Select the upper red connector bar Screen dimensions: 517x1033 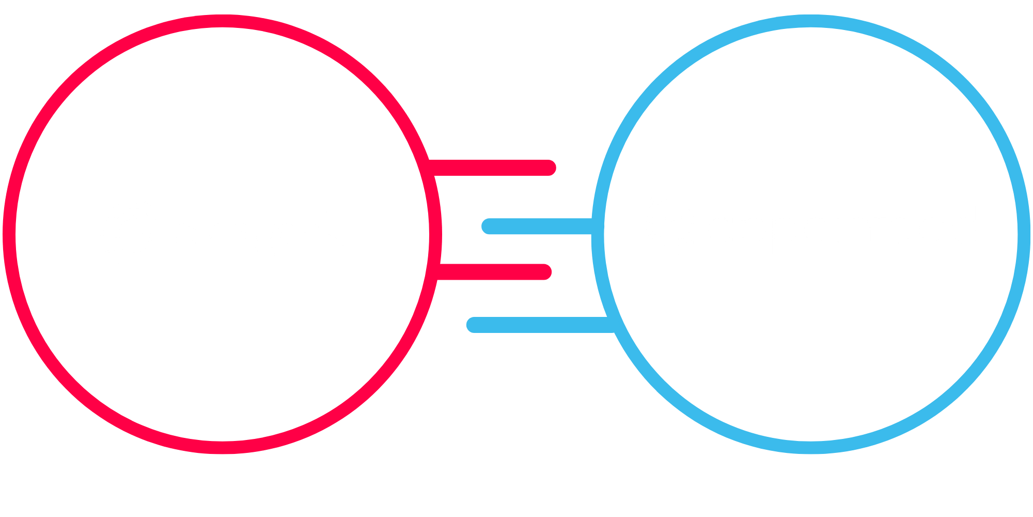tap(491, 168)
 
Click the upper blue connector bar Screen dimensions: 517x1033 tap(537, 226)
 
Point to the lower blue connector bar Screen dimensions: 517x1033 tap(537, 325)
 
